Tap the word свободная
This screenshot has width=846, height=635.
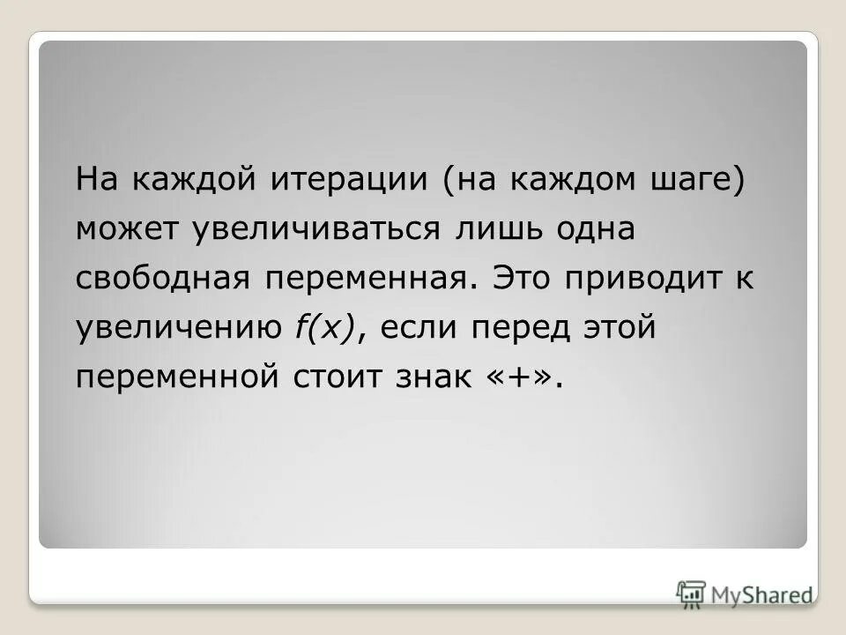click(162, 279)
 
